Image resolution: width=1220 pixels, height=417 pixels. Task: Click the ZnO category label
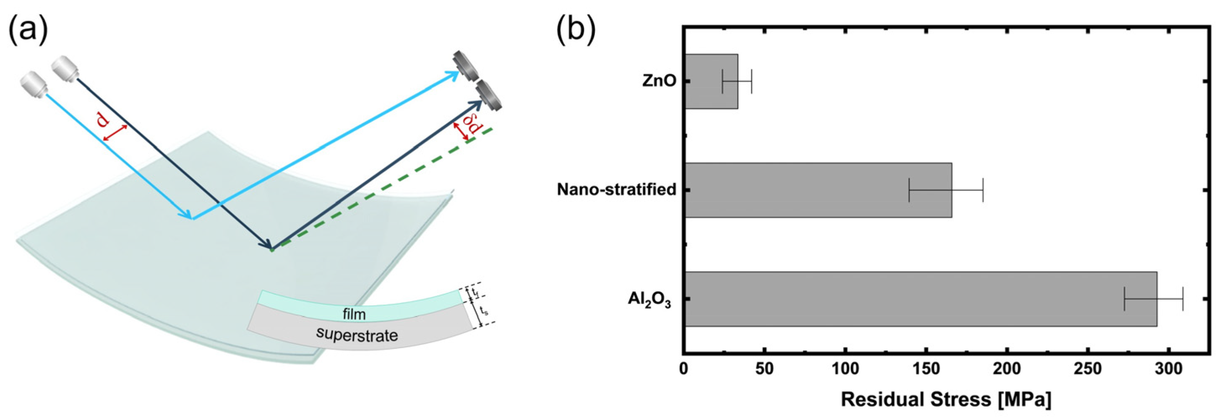659,81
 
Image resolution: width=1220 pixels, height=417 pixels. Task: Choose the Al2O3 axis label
649,300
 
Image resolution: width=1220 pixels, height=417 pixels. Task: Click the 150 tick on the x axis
925,370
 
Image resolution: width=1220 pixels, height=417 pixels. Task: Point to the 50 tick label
764,370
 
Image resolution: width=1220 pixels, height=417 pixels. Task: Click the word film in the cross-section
354,314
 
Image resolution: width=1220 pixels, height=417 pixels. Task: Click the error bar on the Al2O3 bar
1153,299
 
